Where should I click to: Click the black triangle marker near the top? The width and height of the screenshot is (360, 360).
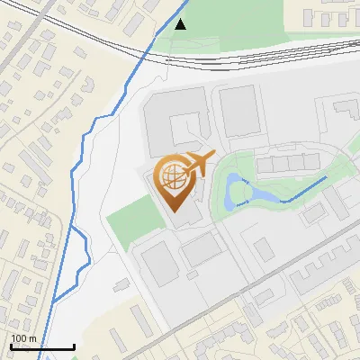(181, 24)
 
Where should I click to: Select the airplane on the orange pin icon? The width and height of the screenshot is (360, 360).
(198, 163)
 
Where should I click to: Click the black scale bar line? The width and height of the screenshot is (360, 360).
(42, 347)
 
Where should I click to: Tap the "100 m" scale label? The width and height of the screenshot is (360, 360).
(23, 338)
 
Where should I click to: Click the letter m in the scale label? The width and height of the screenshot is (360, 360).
(32, 338)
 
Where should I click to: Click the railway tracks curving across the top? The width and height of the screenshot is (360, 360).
(252, 61)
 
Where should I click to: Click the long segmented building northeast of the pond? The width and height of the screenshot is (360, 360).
(287, 163)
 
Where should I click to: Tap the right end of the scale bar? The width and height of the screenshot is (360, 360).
(74, 347)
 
